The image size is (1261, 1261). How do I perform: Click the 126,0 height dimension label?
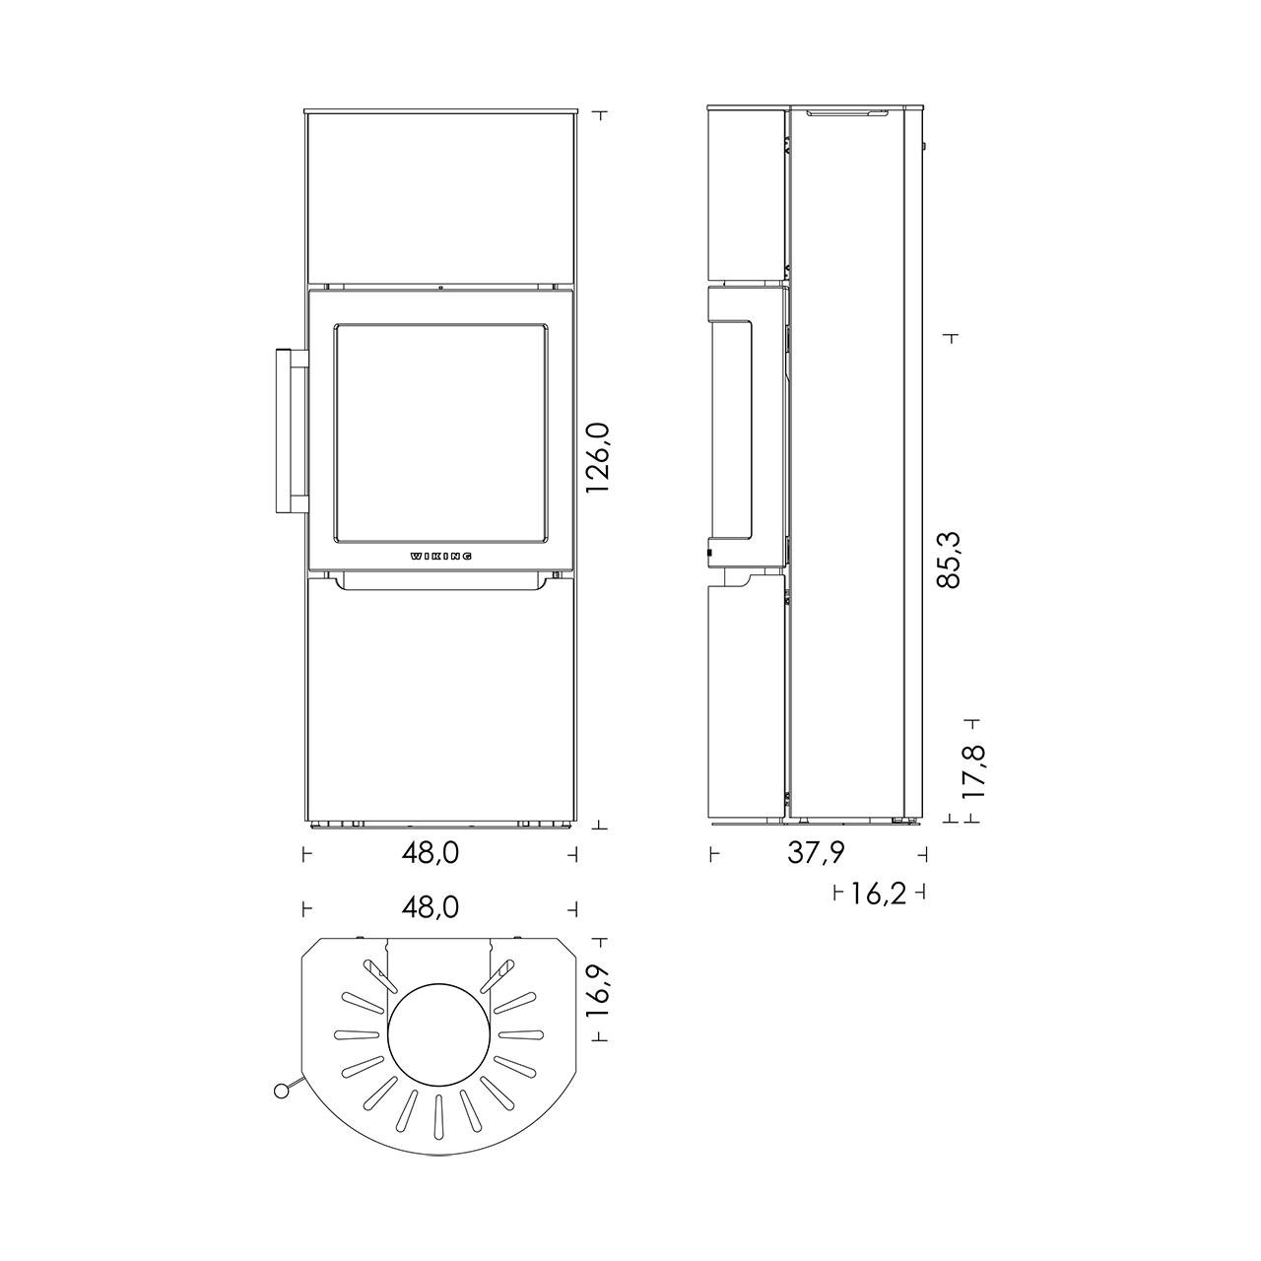598,457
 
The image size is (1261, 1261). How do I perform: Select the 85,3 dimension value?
949,559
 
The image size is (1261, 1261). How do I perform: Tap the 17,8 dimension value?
974,770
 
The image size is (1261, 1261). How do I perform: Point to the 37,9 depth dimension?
817,853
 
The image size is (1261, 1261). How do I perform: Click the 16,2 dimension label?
878,892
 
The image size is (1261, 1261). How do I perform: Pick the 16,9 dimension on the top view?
598,991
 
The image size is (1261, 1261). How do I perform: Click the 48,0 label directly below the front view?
431,853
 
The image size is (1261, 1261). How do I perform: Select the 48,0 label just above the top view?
431,907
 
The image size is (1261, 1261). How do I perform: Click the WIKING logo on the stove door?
441,557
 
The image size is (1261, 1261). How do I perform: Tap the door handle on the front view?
292,431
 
